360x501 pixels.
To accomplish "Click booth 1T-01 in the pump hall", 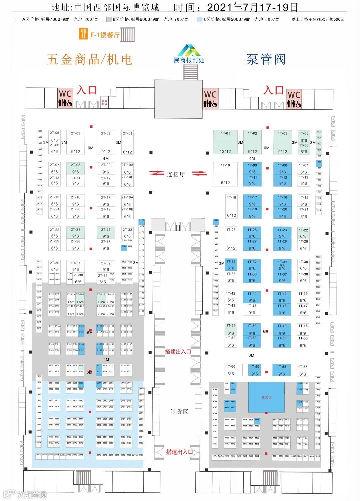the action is point(225,142).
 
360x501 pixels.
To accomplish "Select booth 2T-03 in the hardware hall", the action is point(76,142).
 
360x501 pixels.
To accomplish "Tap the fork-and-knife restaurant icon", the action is point(83,34).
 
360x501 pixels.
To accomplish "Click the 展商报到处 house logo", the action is point(189,51).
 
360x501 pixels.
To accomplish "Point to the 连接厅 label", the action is point(176,174).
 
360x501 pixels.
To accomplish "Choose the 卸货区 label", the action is point(179,412).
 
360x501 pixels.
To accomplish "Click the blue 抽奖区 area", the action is point(266,397).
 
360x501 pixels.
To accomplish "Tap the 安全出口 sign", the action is point(104,102).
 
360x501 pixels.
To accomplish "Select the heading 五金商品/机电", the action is point(90,59).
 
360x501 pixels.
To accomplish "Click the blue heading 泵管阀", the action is point(266,59).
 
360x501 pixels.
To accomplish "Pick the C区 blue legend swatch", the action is point(200,19).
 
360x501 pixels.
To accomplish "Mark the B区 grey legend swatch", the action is point(109,19).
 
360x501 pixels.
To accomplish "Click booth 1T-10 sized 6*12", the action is point(225,174).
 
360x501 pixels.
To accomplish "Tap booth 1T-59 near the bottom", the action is point(255,370).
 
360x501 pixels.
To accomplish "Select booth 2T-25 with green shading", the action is point(106,232).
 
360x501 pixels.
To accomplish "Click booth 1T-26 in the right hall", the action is point(231,238).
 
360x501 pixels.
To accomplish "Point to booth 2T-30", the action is point(54,266).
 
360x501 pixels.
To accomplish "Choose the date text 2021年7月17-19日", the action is point(252,7).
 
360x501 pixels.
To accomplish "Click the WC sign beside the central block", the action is point(210,99).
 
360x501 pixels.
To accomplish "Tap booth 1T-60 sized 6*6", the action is point(231,370).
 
